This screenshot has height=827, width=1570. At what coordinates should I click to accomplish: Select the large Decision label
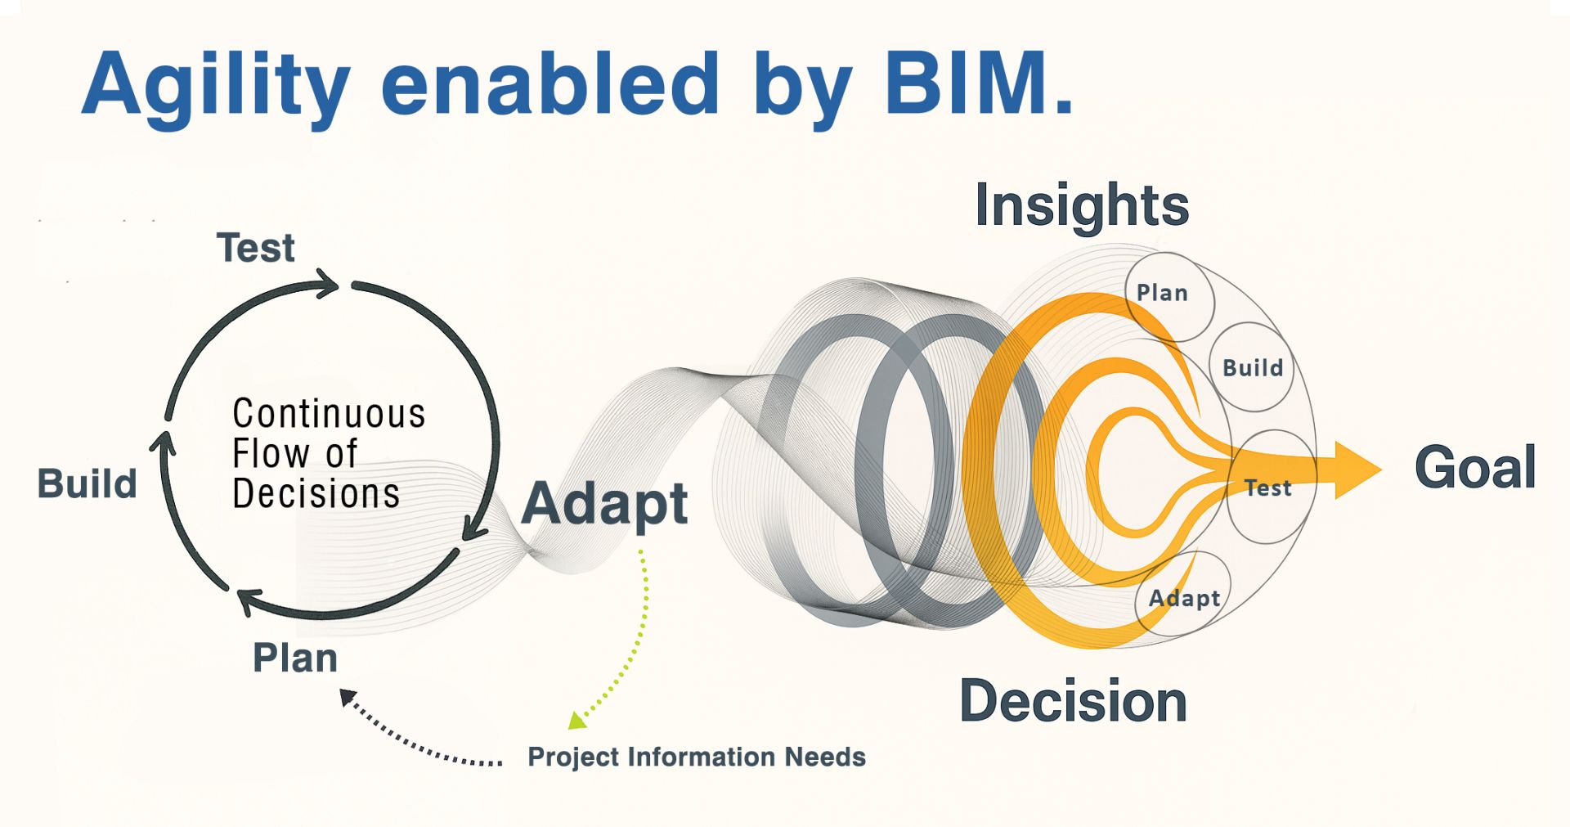(1073, 701)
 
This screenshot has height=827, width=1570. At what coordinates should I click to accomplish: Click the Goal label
(1475, 468)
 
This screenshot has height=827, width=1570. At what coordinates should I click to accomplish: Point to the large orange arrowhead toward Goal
(1357, 470)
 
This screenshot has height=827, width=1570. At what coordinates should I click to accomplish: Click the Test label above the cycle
(255, 248)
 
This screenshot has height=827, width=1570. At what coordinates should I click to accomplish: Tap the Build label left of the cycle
(87, 483)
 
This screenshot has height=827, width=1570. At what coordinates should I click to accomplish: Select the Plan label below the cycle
(294, 658)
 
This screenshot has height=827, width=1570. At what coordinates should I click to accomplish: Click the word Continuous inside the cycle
(329, 414)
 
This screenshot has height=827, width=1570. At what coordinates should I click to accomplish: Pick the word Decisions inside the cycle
(316, 494)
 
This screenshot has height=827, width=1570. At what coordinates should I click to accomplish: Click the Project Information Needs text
(696, 757)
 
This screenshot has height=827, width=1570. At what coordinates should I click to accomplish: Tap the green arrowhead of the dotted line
(576, 721)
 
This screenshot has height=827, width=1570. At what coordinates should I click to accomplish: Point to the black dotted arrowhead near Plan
(348, 698)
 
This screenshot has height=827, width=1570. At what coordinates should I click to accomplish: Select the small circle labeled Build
(1251, 367)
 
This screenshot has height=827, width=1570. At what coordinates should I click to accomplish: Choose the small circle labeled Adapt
(1183, 595)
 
